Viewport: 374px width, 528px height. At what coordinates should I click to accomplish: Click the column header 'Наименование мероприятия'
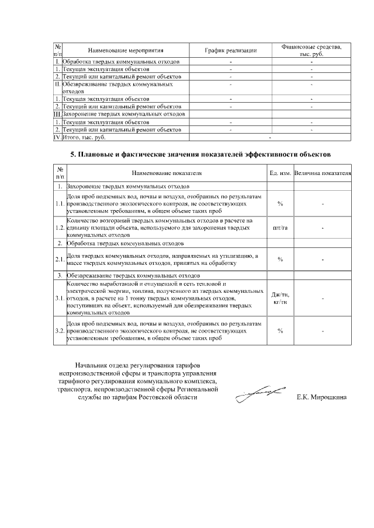pos(125,51)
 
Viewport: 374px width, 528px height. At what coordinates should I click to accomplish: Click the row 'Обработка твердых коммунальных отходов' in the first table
pos(125,61)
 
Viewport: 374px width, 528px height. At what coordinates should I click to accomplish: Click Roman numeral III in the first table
pos(57,114)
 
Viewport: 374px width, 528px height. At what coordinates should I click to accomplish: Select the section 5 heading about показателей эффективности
pos(200,155)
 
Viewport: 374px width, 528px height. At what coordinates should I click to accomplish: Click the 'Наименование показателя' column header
pos(166,173)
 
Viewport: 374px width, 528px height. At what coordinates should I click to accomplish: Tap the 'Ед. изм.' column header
pos(280,173)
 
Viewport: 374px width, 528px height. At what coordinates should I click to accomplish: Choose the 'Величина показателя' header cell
pos(323,173)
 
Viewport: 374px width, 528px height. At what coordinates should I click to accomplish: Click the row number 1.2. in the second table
pos(59,228)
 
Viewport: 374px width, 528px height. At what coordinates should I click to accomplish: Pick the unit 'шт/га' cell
pos(280,228)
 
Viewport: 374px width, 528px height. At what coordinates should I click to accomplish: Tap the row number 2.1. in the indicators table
pos(59,259)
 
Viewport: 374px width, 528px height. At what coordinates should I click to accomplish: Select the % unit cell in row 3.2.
pos(280,330)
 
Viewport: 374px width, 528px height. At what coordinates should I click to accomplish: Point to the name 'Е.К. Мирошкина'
pos(321,398)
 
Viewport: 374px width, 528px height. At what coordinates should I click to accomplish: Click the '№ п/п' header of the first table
pos(58,51)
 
